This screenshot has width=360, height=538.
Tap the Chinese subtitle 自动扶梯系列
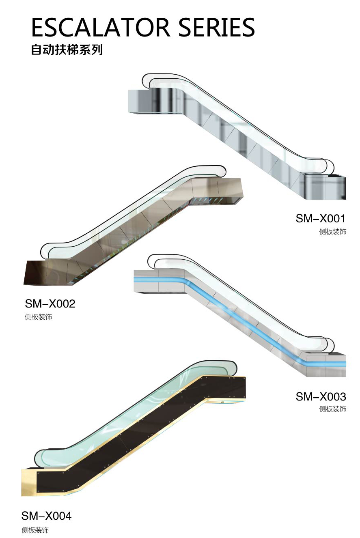67,50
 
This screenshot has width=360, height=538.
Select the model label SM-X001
320,219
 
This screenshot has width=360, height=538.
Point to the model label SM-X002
50,303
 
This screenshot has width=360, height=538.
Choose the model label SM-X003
321,396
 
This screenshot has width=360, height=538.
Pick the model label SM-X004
46,516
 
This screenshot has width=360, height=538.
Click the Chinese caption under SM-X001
332,232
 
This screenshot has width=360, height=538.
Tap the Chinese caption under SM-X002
39,317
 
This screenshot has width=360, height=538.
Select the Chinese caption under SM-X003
332,409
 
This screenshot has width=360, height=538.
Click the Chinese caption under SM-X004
35,530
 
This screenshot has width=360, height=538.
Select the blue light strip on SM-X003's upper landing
158,280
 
